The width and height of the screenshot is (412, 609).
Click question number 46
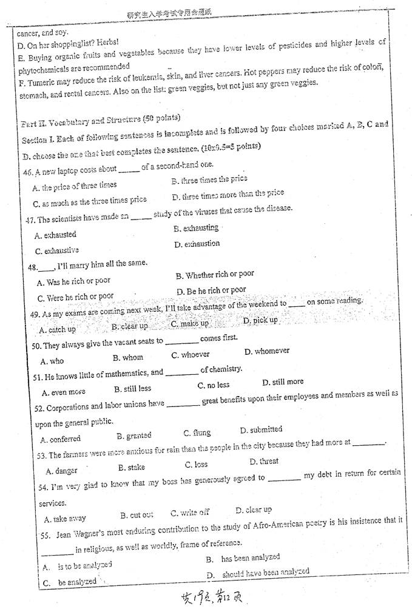click(x=27, y=171)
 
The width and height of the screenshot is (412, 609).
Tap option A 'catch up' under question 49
click(x=58, y=329)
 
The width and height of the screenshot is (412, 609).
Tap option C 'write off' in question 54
click(x=190, y=513)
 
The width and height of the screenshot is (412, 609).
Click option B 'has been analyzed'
click(x=243, y=557)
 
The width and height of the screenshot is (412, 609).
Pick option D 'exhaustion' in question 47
click(x=197, y=244)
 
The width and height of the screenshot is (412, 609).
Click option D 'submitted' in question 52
click(x=261, y=430)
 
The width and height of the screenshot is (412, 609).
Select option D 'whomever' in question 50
click(x=267, y=351)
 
